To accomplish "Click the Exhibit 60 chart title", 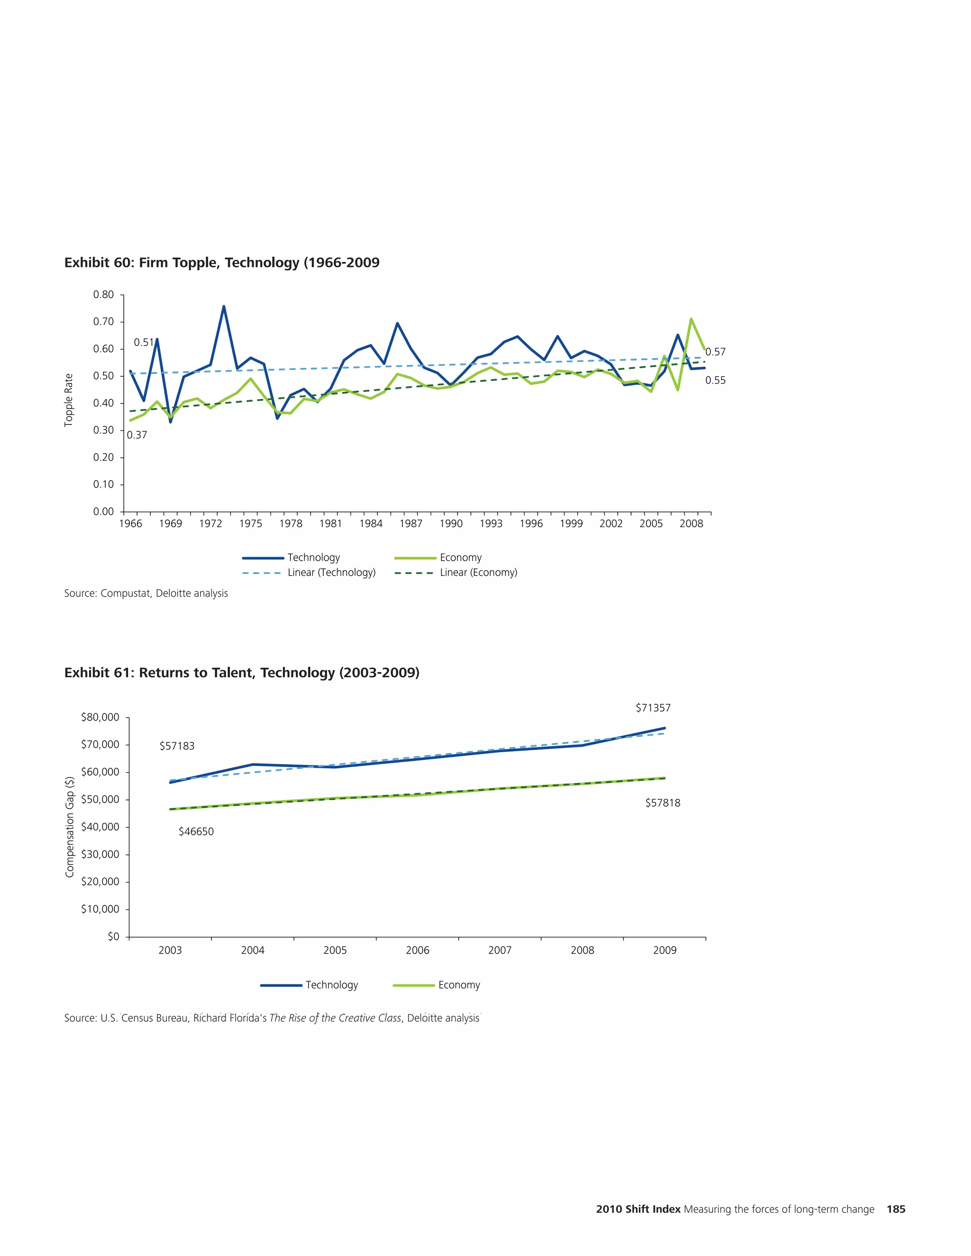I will (221, 263).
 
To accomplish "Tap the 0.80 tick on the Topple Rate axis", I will (103, 295).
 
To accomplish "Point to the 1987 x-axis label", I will (411, 523).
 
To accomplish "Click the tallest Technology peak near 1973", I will (224, 307).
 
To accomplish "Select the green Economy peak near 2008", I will (691, 319).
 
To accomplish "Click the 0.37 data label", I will (137, 436).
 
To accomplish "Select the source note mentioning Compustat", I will (146, 593).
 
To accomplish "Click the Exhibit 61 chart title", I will (242, 673).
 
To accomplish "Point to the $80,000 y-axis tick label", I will (100, 717).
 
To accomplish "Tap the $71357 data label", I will (653, 708).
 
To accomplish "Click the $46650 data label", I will (196, 832).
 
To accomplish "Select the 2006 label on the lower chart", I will (418, 950).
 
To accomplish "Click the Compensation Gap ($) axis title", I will (70, 827).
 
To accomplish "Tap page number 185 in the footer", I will (896, 1209).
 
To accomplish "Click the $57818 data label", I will (663, 803).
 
